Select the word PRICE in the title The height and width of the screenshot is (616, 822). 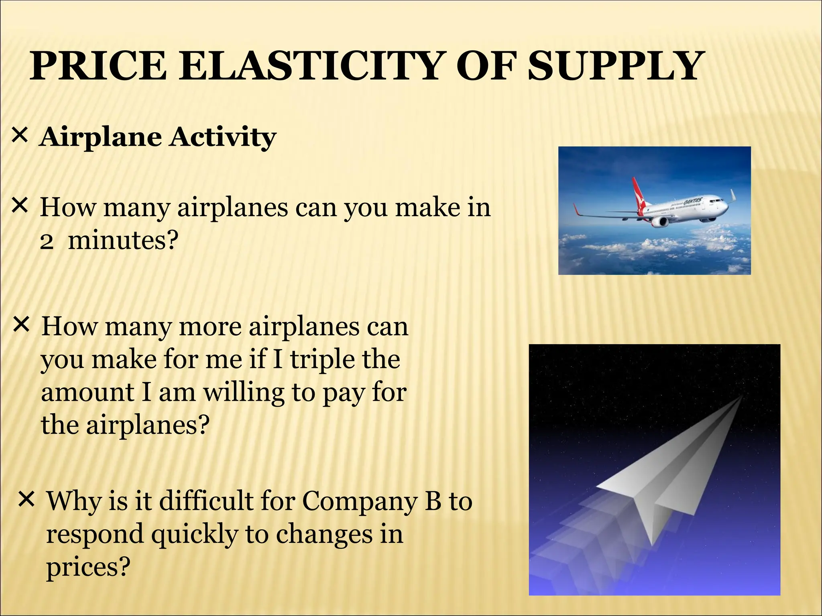coord(98,66)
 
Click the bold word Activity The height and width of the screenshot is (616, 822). coord(222,138)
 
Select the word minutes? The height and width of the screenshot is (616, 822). coord(123,241)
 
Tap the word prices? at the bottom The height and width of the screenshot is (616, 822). coord(88,568)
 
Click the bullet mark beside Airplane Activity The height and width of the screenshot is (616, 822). coord(20,136)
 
